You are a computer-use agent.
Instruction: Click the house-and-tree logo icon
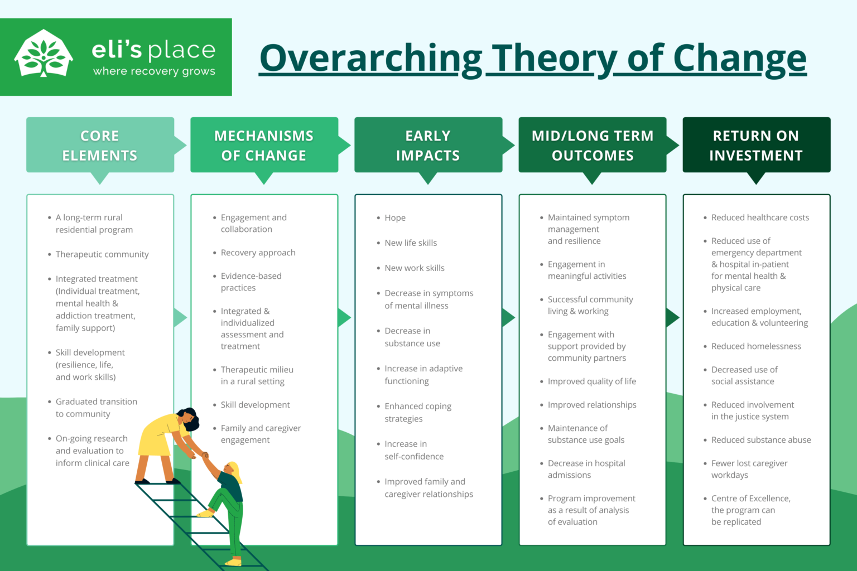coord(44,54)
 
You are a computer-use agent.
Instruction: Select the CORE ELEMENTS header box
coord(100,145)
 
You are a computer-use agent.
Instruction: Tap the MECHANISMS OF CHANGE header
coord(264,145)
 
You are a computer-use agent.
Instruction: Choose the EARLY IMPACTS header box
coord(428,145)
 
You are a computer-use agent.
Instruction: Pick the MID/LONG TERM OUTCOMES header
coord(592,145)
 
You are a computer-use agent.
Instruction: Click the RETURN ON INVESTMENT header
coord(756,145)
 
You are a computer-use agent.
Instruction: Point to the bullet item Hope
coord(395,218)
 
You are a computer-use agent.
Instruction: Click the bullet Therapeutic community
coord(102,254)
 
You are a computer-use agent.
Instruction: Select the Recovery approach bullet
coord(258,253)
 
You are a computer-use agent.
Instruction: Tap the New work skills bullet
coord(415,268)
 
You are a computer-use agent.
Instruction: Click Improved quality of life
coord(591,381)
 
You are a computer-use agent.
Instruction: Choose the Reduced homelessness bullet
coord(756,346)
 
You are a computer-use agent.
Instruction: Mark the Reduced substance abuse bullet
coord(761,440)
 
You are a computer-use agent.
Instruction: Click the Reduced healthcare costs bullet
coord(760,217)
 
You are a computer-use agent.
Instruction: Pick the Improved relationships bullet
coord(591,405)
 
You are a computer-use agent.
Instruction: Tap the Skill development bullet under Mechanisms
coord(255,405)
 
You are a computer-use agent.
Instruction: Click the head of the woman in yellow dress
coord(189,418)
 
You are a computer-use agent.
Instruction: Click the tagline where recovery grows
coord(154,71)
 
